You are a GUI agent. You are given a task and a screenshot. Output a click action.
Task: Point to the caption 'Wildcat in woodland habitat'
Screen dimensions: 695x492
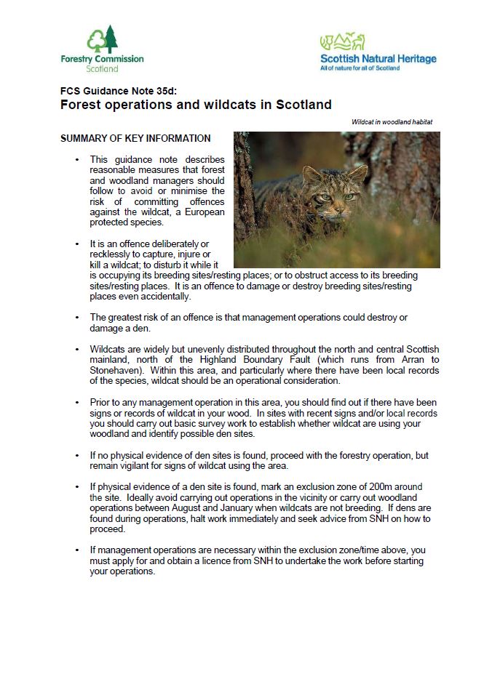(392, 123)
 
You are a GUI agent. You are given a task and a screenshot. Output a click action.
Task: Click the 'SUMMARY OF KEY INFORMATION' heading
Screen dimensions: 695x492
(135, 138)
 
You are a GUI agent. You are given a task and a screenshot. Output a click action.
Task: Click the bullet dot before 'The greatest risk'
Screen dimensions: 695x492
(77, 318)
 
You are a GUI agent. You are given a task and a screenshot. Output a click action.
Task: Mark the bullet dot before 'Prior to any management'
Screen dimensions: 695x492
(77, 403)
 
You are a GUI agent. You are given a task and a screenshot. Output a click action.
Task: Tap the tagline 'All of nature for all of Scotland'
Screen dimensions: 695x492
(360, 68)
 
